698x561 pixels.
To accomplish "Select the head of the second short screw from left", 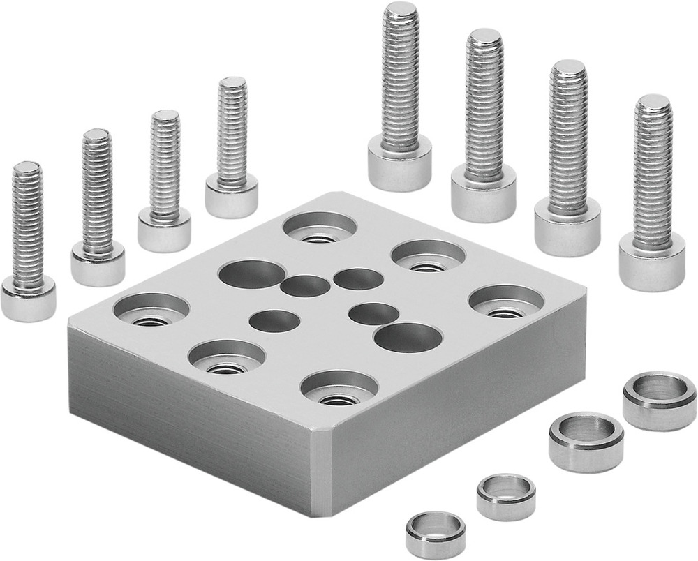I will point(97,263).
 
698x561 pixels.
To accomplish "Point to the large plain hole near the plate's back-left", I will point(252,274).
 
